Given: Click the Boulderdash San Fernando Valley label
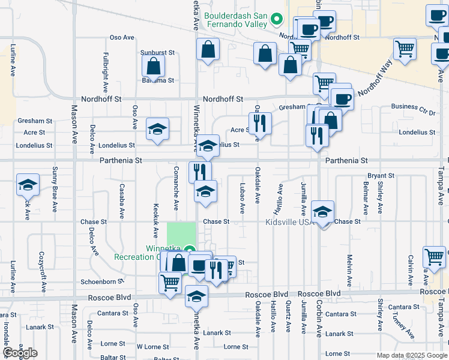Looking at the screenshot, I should (x=237, y=20).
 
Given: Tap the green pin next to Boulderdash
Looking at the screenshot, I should (x=277, y=19).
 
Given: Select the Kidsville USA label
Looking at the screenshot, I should (x=290, y=222).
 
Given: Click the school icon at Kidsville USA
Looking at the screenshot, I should (x=323, y=212).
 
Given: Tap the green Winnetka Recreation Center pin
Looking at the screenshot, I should (x=190, y=251).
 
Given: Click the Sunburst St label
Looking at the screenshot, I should (x=157, y=53).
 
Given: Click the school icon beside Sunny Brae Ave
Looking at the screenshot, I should (x=28, y=185).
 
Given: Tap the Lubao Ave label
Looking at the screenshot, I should (x=243, y=199).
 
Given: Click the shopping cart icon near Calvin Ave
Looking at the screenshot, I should (x=435, y=257).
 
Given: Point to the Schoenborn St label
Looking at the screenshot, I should (x=102, y=281).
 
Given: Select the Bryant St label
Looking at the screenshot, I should (x=381, y=176).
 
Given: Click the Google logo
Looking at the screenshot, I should (x=20, y=353).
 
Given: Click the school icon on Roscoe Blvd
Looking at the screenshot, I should (x=196, y=296).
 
